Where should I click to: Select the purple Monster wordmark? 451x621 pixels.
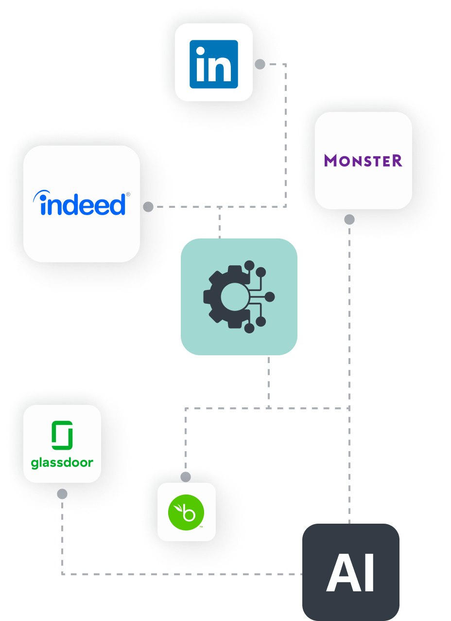point(363,160)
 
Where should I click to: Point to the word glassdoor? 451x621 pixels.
point(62,463)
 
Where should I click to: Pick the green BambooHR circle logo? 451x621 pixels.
point(186,512)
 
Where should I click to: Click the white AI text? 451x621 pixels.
point(350,572)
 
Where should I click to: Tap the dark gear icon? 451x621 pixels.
point(228,296)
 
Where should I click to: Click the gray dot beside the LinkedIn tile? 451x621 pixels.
point(260,64)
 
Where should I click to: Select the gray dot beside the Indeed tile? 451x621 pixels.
point(148,207)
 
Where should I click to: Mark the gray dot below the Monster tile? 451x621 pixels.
point(349,219)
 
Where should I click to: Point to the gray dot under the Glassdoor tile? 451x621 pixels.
point(62,494)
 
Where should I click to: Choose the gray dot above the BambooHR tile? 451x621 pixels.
point(186,476)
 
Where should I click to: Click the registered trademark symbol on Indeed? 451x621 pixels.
point(128,194)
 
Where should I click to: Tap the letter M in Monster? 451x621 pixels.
point(331,160)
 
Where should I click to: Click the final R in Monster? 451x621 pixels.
point(397,160)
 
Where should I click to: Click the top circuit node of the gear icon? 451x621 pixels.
point(249,266)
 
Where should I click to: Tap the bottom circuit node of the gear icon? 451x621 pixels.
point(249,328)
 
